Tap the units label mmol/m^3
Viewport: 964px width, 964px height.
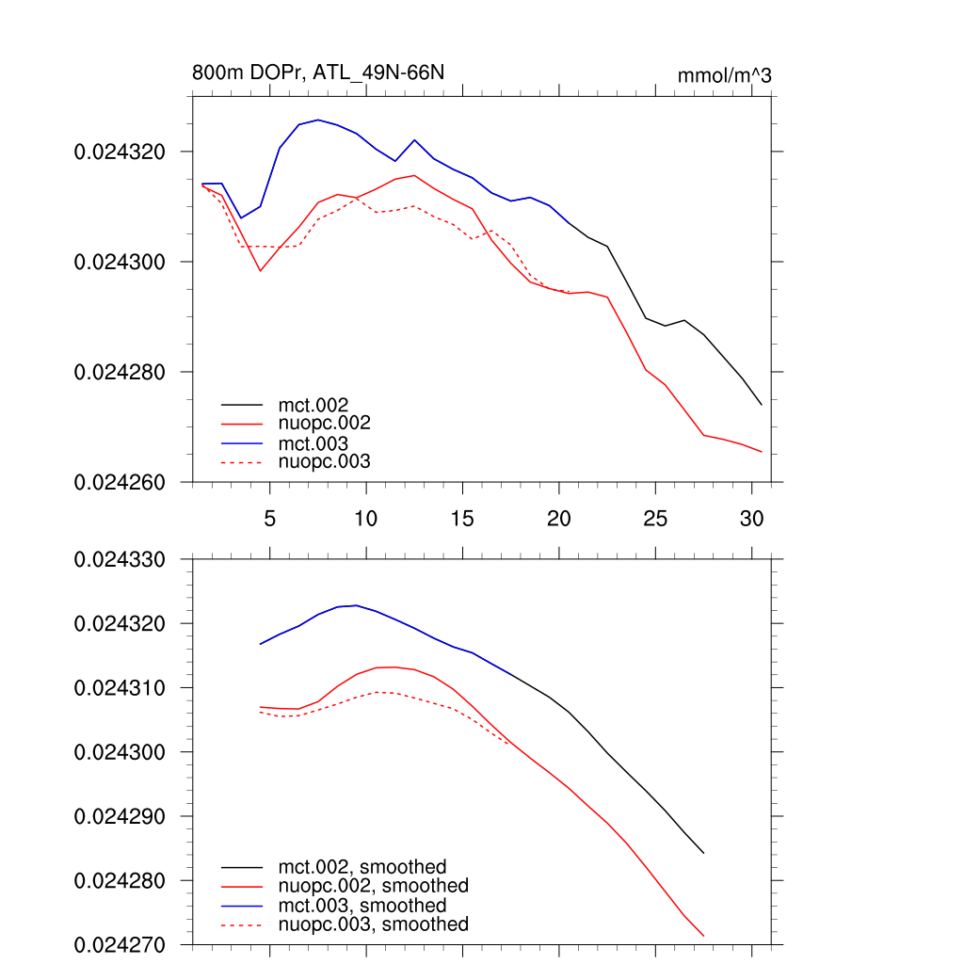click(x=724, y=75)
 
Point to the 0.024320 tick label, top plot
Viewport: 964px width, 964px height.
click(x=120, y=152)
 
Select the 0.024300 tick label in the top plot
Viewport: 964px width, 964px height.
click(x=120, y=262)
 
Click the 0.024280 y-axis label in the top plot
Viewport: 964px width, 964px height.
click(x=120, y=372)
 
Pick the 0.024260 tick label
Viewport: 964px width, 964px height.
click(x=120, y=482)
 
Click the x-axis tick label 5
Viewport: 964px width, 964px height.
click(x=269, y=518)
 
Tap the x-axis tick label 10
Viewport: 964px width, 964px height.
click(x=365, y=518)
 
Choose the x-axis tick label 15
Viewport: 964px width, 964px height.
click(x=462, y=518)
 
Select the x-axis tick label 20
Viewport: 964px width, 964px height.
click(x=558, y=518)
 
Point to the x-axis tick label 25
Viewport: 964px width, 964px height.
click(x=655, y=518)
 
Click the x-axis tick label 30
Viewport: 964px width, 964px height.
click(x=751, y=518)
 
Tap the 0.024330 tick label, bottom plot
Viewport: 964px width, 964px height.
click(x=120, y=560)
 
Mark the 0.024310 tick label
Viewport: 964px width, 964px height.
click(x=120, y=688)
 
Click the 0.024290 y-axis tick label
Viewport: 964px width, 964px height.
click(x=120, y=816)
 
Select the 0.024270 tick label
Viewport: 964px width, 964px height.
click(x=120, y=944)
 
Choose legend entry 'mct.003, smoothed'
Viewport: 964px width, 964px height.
click(x=362, y=906)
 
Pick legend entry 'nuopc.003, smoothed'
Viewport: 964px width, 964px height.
click(x=373, y=924)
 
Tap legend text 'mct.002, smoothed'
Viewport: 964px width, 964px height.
click(x=362, y=866)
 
